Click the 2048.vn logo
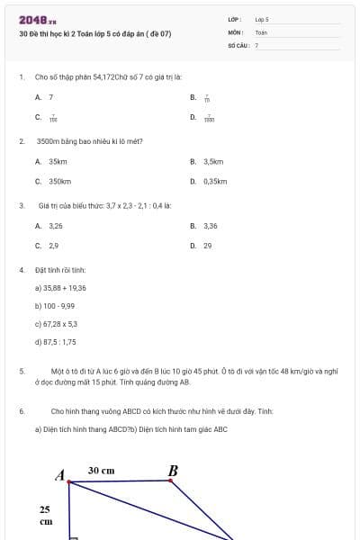coord(38,20)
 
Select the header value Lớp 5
coord(262,18)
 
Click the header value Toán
coord(261,31)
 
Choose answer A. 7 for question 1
coord(45,97)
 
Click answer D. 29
coord(202,245)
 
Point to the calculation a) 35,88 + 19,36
coord(60,288)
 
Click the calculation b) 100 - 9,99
coord(54,306)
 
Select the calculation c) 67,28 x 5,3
coord(56,324)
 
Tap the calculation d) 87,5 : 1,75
coord(55,342)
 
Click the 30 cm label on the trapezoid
coord(101,471)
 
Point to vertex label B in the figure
coord(173,471)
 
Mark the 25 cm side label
coord(45,515)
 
